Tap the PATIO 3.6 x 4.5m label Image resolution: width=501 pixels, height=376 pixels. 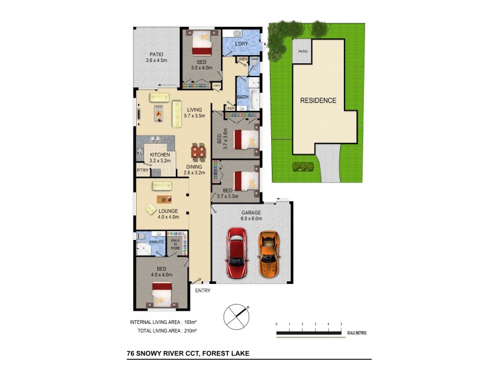[156, 57]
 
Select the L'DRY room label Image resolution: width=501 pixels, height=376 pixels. [242, 44]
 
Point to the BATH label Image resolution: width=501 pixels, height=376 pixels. [242, 97]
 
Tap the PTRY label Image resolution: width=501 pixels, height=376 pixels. [142, 169]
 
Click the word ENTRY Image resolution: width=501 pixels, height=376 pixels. [203, 291]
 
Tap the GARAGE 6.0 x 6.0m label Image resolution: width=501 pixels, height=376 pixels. [251, 217]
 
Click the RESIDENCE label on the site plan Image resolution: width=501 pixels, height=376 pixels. [318, 100]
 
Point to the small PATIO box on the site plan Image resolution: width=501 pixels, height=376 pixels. [302, 52]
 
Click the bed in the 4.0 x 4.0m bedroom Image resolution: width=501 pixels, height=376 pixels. [163, 292]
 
